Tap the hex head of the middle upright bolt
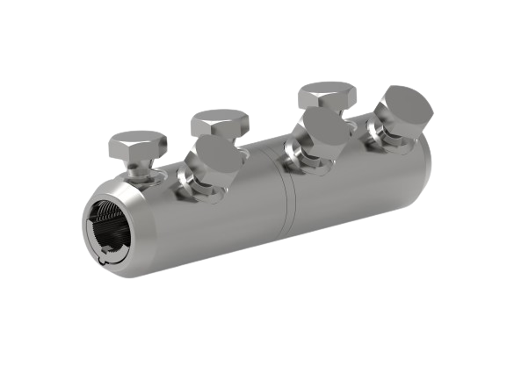(221, 123)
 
